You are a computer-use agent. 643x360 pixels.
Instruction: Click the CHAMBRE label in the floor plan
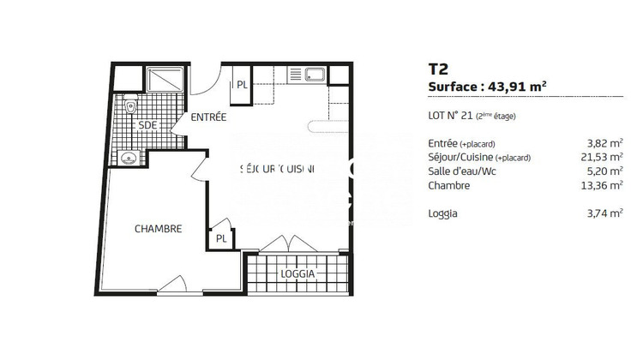point(159,229)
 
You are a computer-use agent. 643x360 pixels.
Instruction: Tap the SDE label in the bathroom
point(147,125)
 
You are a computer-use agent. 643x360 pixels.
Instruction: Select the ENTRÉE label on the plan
point(208,117)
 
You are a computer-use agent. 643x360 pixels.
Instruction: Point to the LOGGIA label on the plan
point(297,274)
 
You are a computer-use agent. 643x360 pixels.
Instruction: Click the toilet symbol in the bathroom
point(129,107)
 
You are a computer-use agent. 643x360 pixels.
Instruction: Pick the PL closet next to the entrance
point(242,84)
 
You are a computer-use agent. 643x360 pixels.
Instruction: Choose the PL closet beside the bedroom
point(221,238)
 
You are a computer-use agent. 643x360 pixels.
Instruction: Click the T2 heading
point(437,69)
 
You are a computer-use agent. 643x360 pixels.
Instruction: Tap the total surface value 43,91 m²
point(515,86)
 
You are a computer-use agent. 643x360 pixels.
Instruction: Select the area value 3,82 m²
point(604,143)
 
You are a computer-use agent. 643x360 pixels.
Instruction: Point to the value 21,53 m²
point(600,157)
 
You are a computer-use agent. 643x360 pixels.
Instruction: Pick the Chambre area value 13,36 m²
point(600,185)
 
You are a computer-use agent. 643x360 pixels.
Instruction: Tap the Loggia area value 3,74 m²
point(604,213)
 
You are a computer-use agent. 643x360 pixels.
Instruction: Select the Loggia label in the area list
point(442,213)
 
